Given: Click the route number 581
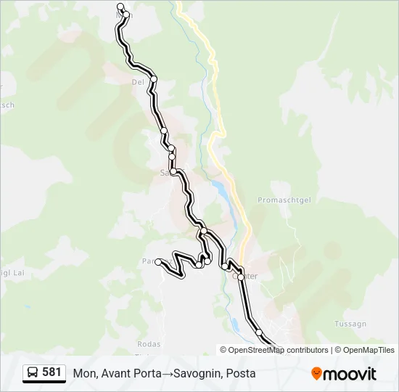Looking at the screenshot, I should click(52, 372).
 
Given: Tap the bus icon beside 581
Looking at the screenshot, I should click(33, 373).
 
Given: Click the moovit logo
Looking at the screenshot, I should click(344, 374).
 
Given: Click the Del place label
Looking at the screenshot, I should click(137, 82).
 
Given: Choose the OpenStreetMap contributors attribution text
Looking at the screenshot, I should click(278, 350).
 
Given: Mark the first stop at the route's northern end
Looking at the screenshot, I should click(120, 7).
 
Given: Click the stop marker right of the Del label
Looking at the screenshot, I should click(154, 78).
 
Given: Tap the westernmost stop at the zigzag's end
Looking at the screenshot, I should click(158, 262).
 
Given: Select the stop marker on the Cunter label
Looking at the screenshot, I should click(241, 277).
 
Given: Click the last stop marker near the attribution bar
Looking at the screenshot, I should click(259, 332).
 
